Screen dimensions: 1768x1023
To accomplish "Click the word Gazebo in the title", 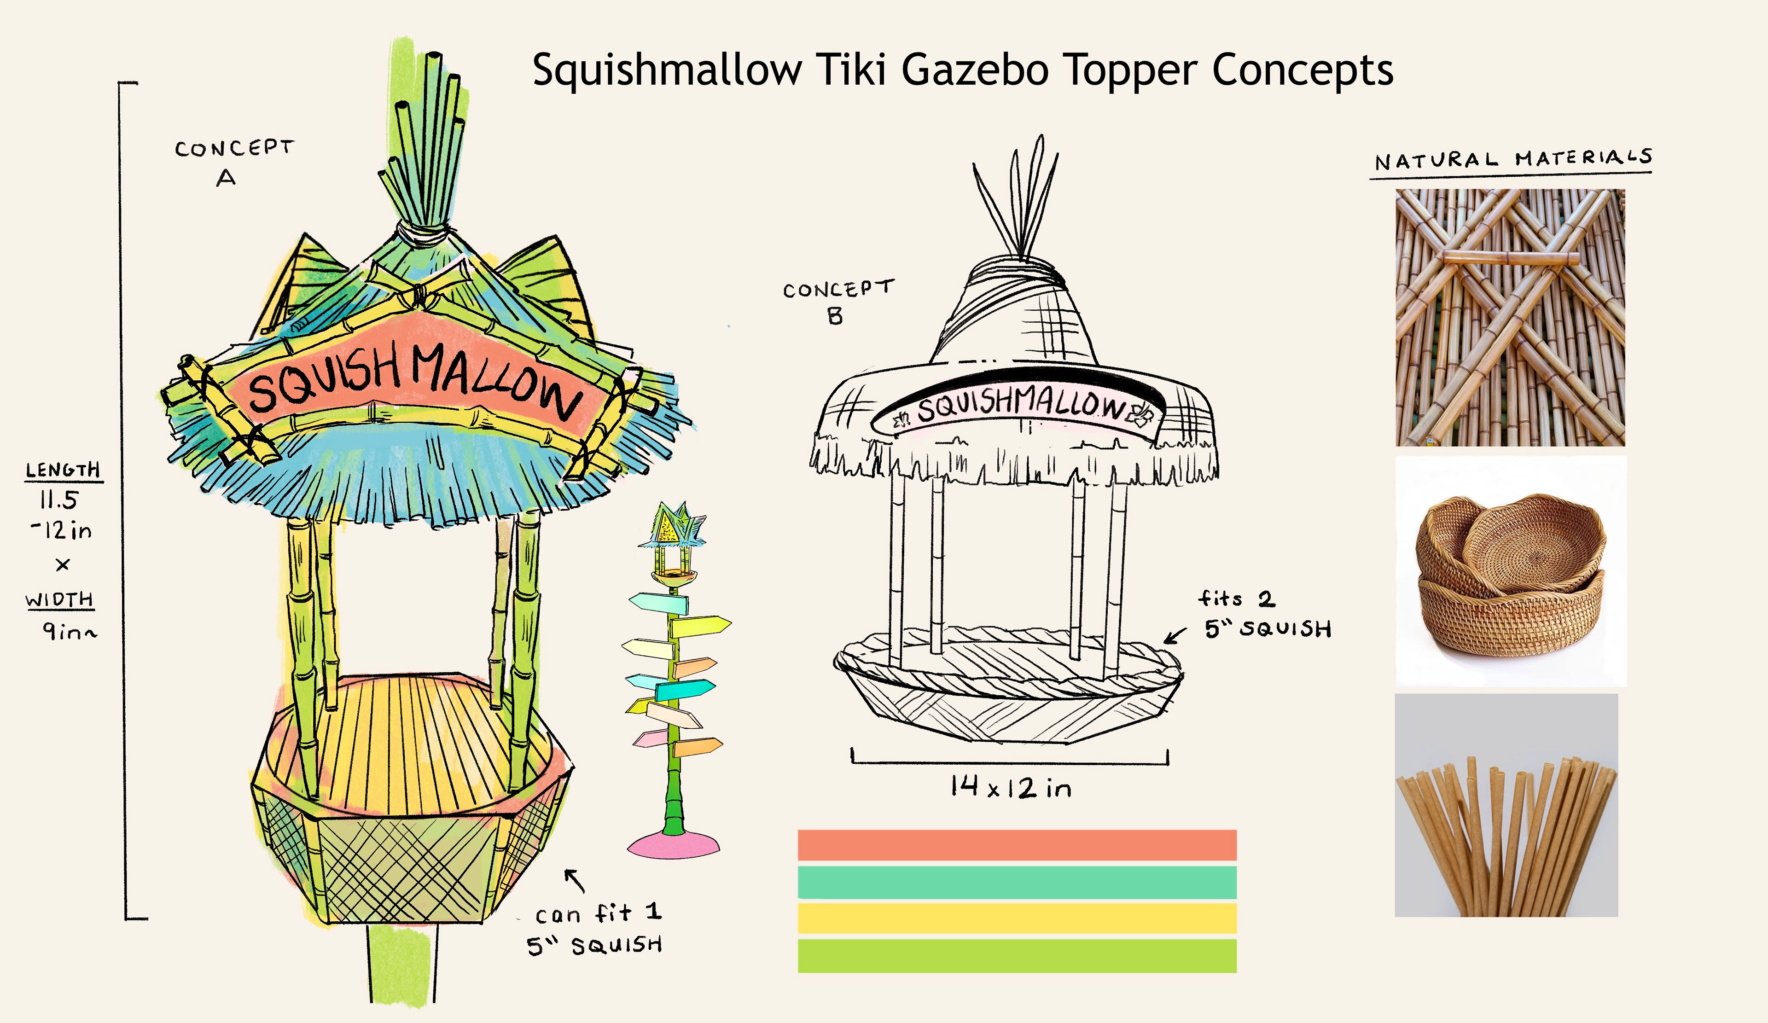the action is pyautogui.click(x=975, y=70).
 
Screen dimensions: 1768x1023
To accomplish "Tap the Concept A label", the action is pyautogui.click(x=233, y=162).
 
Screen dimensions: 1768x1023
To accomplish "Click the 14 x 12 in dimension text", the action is pyautogui.click(x=1010, y=788).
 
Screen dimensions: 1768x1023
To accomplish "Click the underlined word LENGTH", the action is pyautogui.click(x=63, y=470).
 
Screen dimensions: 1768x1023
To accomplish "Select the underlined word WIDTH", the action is pyautogui.click(x=60, y=600).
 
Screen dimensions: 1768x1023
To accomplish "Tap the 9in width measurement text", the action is pyautogui.click(x=69, y=632).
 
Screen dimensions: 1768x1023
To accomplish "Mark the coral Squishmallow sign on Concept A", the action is pyautogui.click(x=414, y=379).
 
